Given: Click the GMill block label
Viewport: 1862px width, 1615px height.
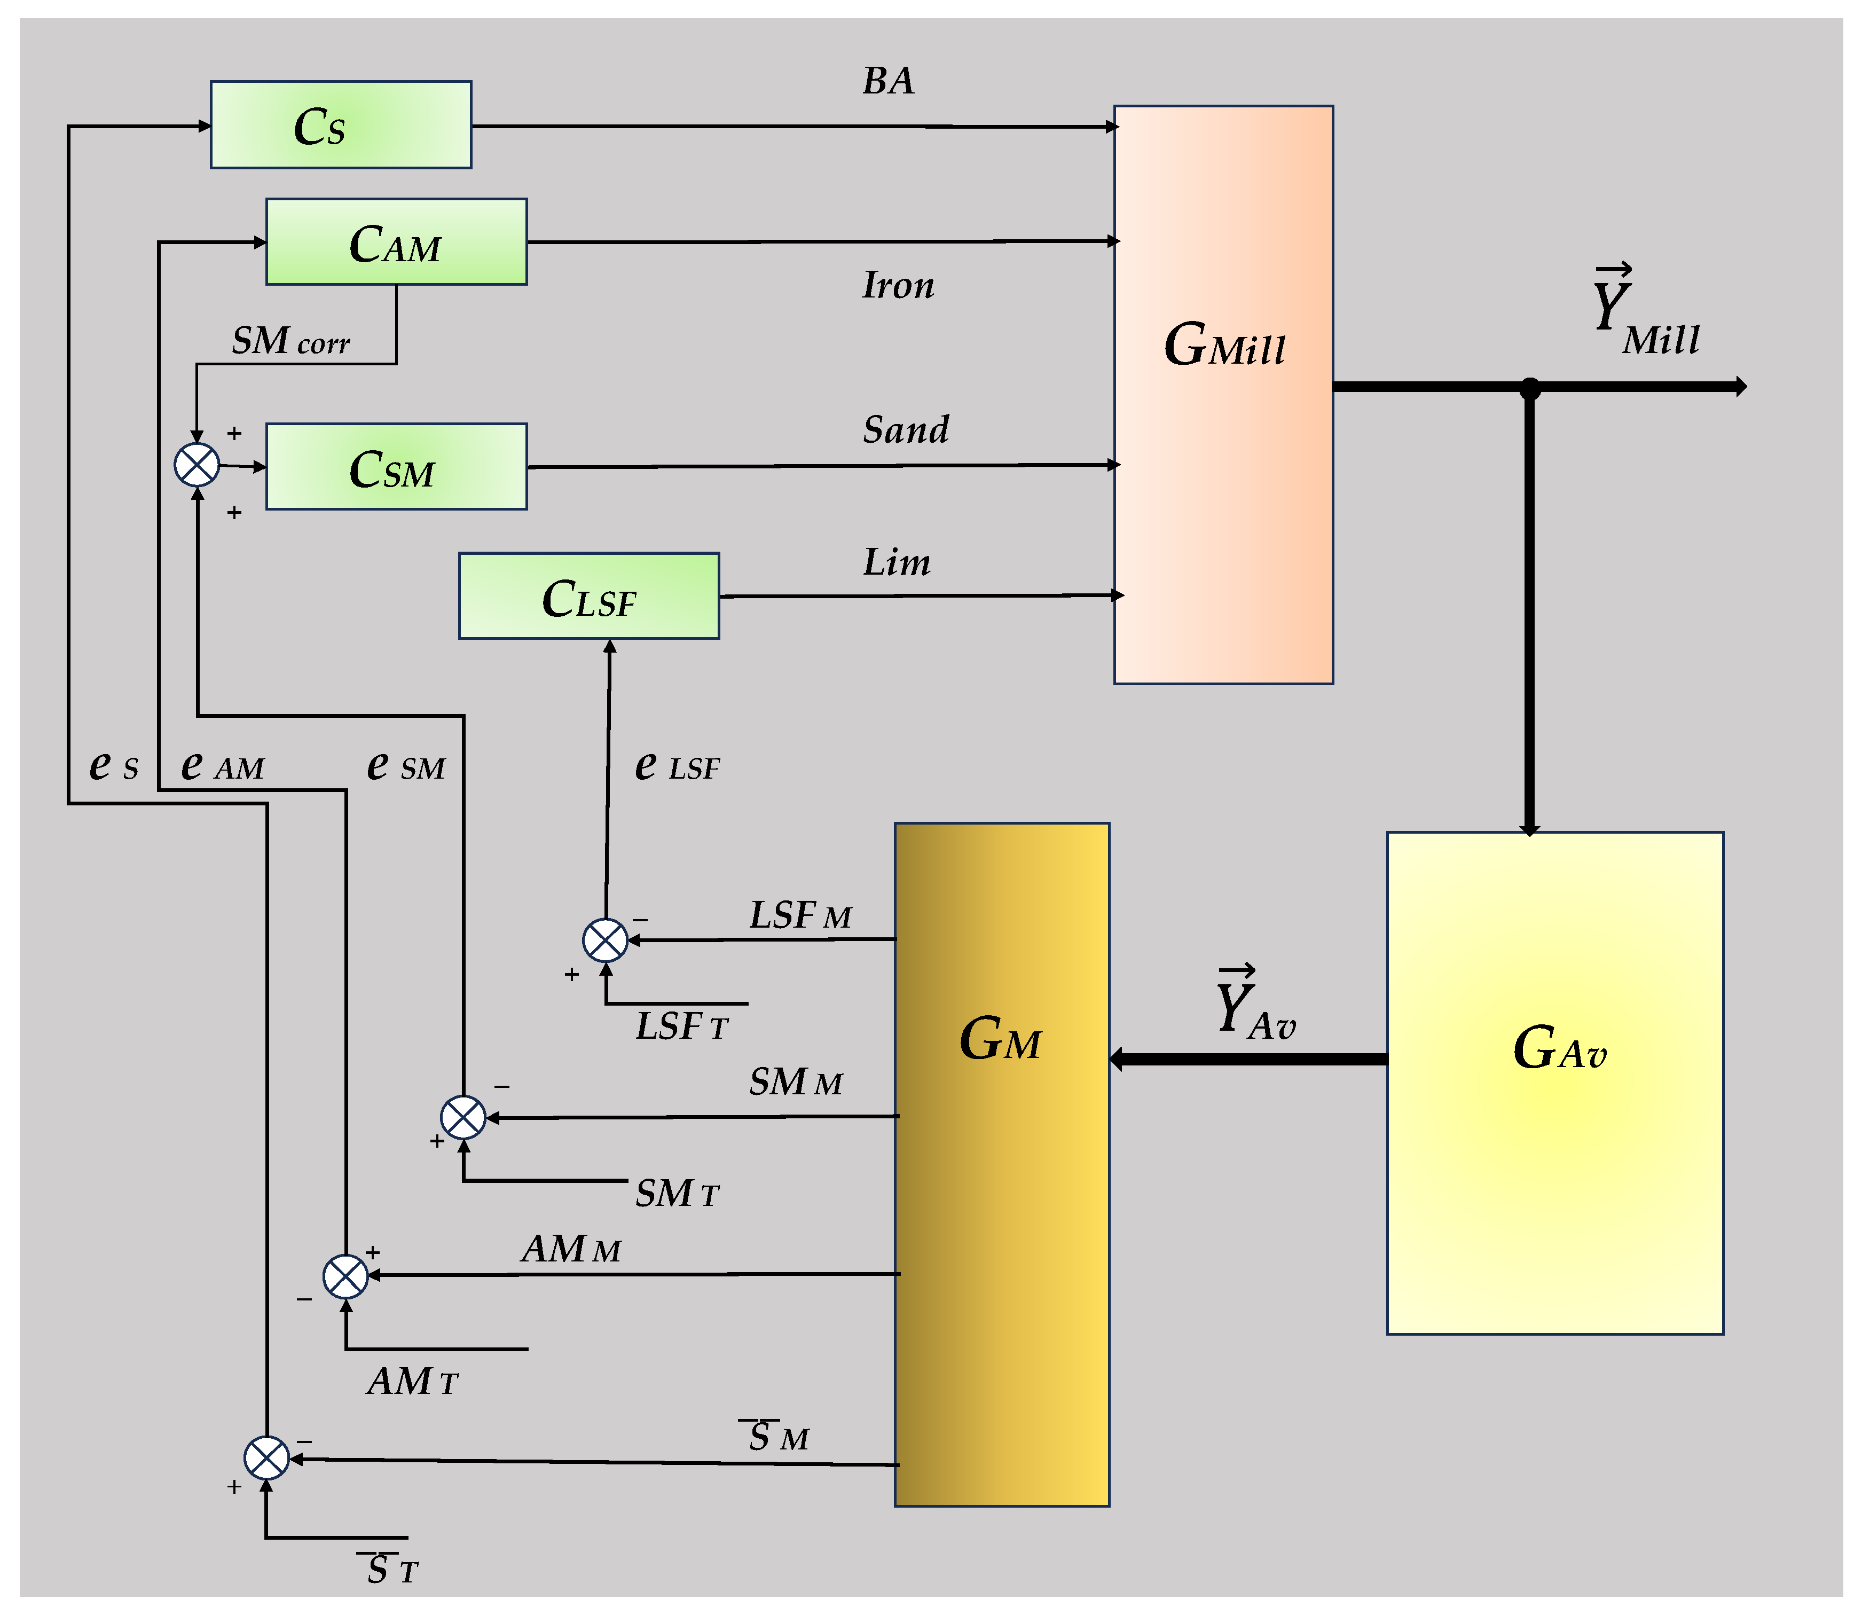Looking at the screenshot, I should click(x=1224, y=345).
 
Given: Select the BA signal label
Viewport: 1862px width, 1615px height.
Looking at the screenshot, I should click(x=887, y=81).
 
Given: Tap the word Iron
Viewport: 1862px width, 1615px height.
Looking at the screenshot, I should click(x=898, y=286).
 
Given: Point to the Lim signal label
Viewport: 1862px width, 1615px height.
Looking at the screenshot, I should click(x=896, y=562).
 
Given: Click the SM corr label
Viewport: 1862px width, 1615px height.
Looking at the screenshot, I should click(x=290, y=341).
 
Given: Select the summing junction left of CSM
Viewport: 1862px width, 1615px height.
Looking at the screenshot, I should click(x=197, y=465).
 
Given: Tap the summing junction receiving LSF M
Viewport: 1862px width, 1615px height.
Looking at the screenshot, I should click(x=606, y=940).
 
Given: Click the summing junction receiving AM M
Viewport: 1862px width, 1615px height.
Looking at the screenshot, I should click(x=345, y=1275).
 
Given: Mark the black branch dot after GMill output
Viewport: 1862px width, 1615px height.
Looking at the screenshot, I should click(x=1529, y=388).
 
